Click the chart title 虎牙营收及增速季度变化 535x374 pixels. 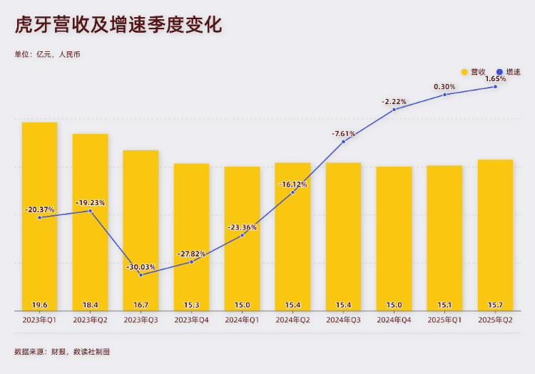click(x=118, y=26)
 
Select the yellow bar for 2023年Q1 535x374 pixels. click(x=39, y=214)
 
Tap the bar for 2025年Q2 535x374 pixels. click(x=495, y=235)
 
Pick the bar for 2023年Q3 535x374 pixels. click(x=141, y=228)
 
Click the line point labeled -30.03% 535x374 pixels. click(x=141, y=274)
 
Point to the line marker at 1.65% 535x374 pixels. click(x=495, y=87)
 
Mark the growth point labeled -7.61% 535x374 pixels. click(x=343, y=142)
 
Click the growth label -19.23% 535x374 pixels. click(x=90, y=202)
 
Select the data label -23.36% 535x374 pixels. click(x=243, y=227)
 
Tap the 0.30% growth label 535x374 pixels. click(x=444, y=86)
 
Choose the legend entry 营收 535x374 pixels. click(x=474, y=72)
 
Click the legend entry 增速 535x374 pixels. click(x=509, y=72)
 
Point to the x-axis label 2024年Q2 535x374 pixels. click(x=292, y=320)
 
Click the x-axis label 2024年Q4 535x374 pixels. click(x=394, y=320)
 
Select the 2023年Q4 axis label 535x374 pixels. click(x=191, y=320)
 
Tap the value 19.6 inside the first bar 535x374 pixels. click(x=39, y=305)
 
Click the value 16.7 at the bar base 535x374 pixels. click(x=141, y=305)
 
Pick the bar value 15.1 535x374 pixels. click(x=444, y=305)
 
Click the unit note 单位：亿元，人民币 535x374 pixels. click(x=48, y=54)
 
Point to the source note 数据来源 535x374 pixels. click(x=62, y=351)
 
